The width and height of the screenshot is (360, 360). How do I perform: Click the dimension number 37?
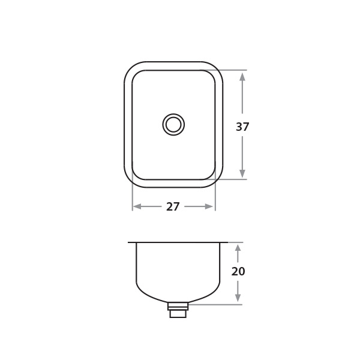click(242, 127)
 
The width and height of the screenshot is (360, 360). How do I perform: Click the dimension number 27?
click(173, 206)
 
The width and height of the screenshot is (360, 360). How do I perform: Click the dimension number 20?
click(238, 271)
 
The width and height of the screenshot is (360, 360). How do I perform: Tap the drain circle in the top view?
click(173, 124)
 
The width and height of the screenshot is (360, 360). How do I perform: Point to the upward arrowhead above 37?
click(242, 77)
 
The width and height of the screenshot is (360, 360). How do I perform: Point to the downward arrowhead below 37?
click(242, 173)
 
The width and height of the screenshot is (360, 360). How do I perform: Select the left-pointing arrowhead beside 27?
click(137, 206)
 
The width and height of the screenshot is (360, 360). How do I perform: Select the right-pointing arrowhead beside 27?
click(209, 206)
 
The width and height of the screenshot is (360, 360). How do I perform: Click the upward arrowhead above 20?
click(238, 248)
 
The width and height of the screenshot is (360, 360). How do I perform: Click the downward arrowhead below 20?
click(238, 298)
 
